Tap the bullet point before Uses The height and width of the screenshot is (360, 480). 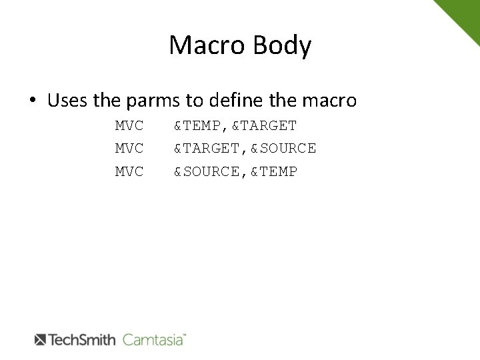pyautogui.click(x=33, y=102)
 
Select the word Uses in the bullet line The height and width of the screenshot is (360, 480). pyautogui.click(x=69, y=101)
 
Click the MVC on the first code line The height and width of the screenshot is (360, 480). pyautogui.click(x=129, y=125)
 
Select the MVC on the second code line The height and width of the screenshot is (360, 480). pyautogui.click(x=129, y=148)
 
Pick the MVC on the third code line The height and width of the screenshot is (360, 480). pyautogui.click(x=129, y=171)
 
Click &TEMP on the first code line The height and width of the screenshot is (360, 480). pyautogui.click(x=198, y=125)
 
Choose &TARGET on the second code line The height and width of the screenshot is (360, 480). pyautogui.click(x=207, y=148)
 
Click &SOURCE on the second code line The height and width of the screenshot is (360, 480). pyautogui.click(x=283, y=148)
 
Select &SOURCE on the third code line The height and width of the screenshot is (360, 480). pyautogui.click(x=207, y=171)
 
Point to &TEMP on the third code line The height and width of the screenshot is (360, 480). pyautogui.click(x=274, y=171)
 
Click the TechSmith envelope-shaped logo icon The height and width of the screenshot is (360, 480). pyautogui.click(x=39, y=339)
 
